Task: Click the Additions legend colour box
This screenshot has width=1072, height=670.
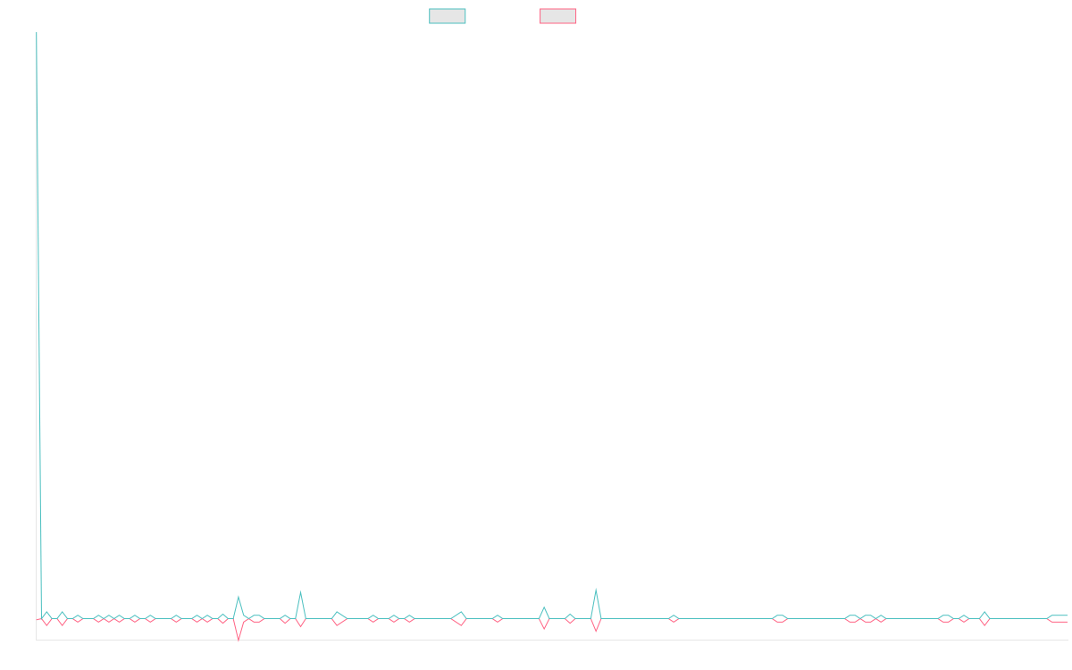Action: click(448, 16)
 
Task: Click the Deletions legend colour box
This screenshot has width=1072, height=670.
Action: click(558, 16)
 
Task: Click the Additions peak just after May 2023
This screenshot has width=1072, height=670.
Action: click(300, 593)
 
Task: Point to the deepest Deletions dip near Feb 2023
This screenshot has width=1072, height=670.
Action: click(239, 639)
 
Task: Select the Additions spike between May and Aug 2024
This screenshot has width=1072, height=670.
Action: click(596, 590)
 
